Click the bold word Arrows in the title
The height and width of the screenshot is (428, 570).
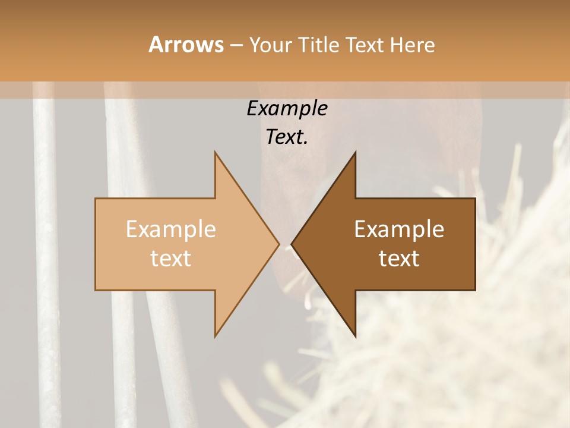pyautogui.click(x=186, y=45)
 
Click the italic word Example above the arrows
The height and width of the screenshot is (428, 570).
pyautogui.click(x=287, y=109)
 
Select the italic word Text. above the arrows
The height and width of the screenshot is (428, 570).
pyautogui.click(x=287, y=137)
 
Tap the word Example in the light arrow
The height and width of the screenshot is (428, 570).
pyautogui.click(x=171, y=229)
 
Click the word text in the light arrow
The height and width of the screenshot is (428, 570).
pyautogui.click(x=171, y=259)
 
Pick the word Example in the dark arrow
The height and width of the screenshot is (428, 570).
pyautogui.click(x=399, y=229)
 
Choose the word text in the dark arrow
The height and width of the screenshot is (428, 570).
pyautogui.click(x=399, y=259)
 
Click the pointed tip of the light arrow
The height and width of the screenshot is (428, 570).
pyautogui.click(x=279, y=244)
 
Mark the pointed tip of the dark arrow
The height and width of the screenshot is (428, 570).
pyautogui.click(x=292, y=244)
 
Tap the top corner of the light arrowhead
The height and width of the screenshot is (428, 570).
pyautogui.click(x=215, y=152)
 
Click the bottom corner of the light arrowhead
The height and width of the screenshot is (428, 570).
pyautogui.click(x=215, y=336)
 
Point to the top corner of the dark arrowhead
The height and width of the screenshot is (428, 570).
pyautogui.click(x=355, y=152)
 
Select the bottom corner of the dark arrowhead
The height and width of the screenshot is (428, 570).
pyautogui.click(x=355, y=336)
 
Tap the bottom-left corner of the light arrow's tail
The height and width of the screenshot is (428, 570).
pyautogui.click(x=96, y=290)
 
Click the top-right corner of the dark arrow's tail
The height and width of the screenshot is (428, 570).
pyautogui.click(x=475, y=199)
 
